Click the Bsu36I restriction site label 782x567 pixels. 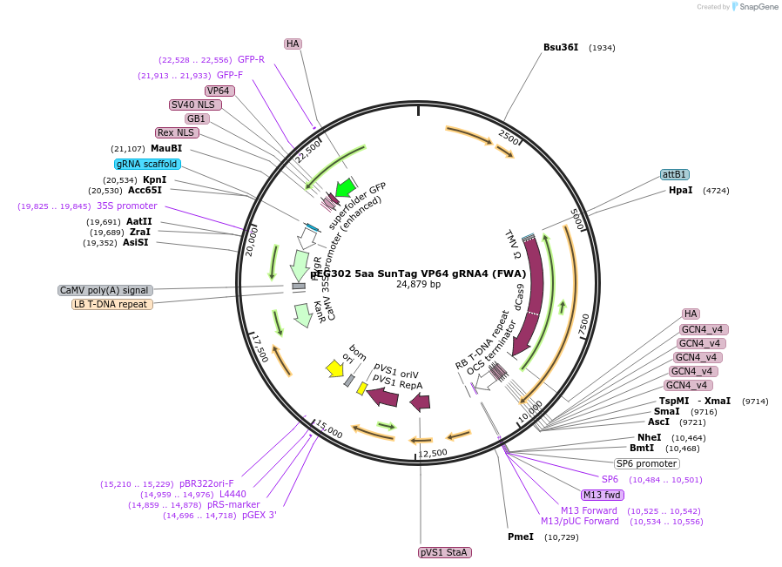(x=560, y=47)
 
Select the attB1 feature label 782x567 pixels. (x=674, y=174)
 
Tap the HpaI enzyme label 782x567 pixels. (x=680, y=190)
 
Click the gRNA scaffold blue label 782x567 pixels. (x=147, y=164)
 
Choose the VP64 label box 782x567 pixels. (x=219, y=91)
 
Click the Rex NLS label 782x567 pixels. (x=177, y=132)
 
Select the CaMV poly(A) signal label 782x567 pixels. (x=104, y=290)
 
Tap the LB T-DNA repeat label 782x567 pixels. (x=112, y=304)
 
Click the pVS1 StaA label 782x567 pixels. (x=445, y=552)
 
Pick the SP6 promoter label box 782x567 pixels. (x=646, y=463)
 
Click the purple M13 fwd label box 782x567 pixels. (x=603, y=495)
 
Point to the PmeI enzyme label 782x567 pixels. (x=521, y=537)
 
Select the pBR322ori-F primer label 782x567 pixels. (x=206, y=483)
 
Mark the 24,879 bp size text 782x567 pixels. (x=418, y=285)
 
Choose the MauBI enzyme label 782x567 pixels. (x=165, y=148)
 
